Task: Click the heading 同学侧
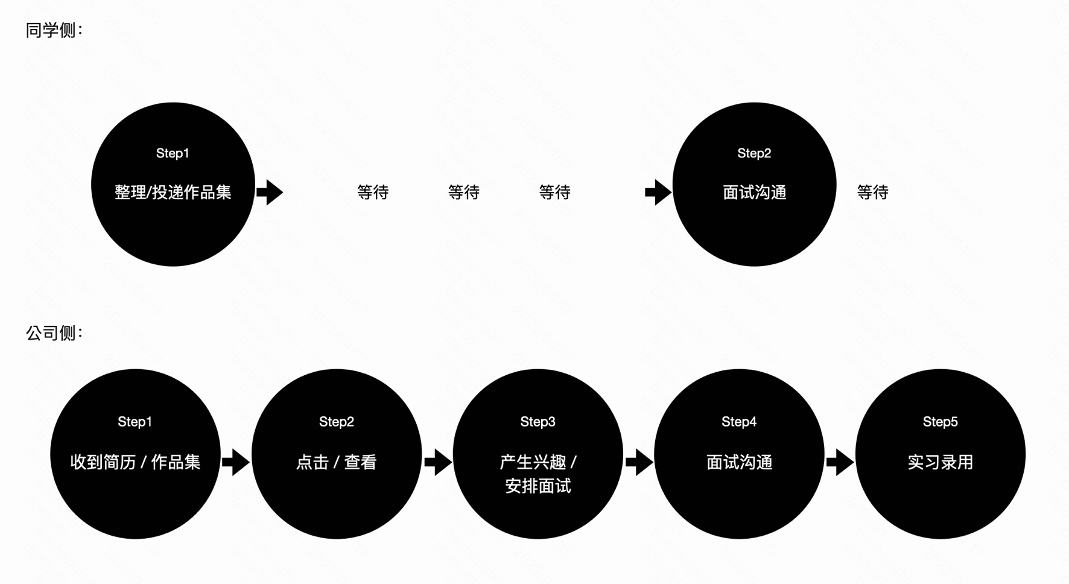[x=53, y=30]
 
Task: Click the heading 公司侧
[x=53, y=332]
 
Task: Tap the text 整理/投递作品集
[x=173, y=192]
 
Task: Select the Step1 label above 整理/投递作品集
[x=173, y=153]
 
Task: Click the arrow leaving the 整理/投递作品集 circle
[x=270, y=192]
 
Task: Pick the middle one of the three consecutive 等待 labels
[x=463, y=192]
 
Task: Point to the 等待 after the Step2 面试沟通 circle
[x=872, y=192]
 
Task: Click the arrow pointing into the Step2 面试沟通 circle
[x=658, y=192]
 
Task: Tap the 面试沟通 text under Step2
[x=754, y=192]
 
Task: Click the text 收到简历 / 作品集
[x=135, y=462]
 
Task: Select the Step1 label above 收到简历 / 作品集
[x=135, y=422]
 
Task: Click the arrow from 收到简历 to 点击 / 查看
[x=236, y=462]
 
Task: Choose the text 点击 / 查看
[x=336, y=462]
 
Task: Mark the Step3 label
[x=538, y=422]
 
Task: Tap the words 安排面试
[x=538, y=486]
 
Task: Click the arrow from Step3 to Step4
[x=639, y=462]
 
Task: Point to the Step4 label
[x=739, y=422]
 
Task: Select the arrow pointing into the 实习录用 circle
[x=840, y=462]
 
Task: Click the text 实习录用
[x=940, y=462]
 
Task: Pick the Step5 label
[x=940, y=422]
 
